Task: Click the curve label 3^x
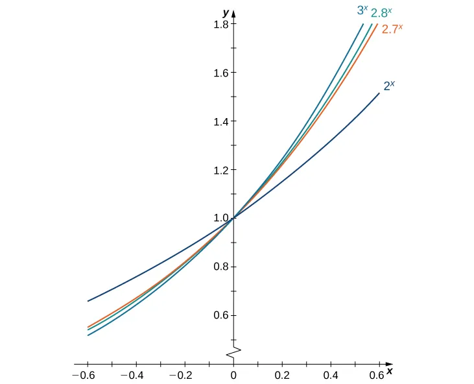click(x=363, y=10)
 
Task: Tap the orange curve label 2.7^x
click(x=393, y=29)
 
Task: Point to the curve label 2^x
click(x=390, y=84)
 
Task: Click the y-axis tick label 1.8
click(x=217, y=25)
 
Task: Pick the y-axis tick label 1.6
click(x=217, y=73)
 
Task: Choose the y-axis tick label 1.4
click(x=217, y=121)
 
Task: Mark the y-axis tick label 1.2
click(x=217, y=170)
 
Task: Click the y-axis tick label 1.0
click(x=217, y=219)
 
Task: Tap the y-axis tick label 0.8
click(x=217, y=267)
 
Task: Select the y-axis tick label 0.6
click(x=217, y=315)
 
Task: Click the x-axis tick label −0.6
click(x=84, y=376)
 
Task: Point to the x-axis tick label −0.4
click(x=133, y=376)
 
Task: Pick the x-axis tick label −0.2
click(x=182, y=376)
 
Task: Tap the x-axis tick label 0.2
click(x=282, y=376)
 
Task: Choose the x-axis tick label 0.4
click(x=331, y=376)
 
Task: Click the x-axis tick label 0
click(x=233, y=376)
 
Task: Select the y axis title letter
click(x=226, y=13)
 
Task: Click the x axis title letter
click(x=390, y=372)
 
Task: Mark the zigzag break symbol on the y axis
click(x=233, y=352)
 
